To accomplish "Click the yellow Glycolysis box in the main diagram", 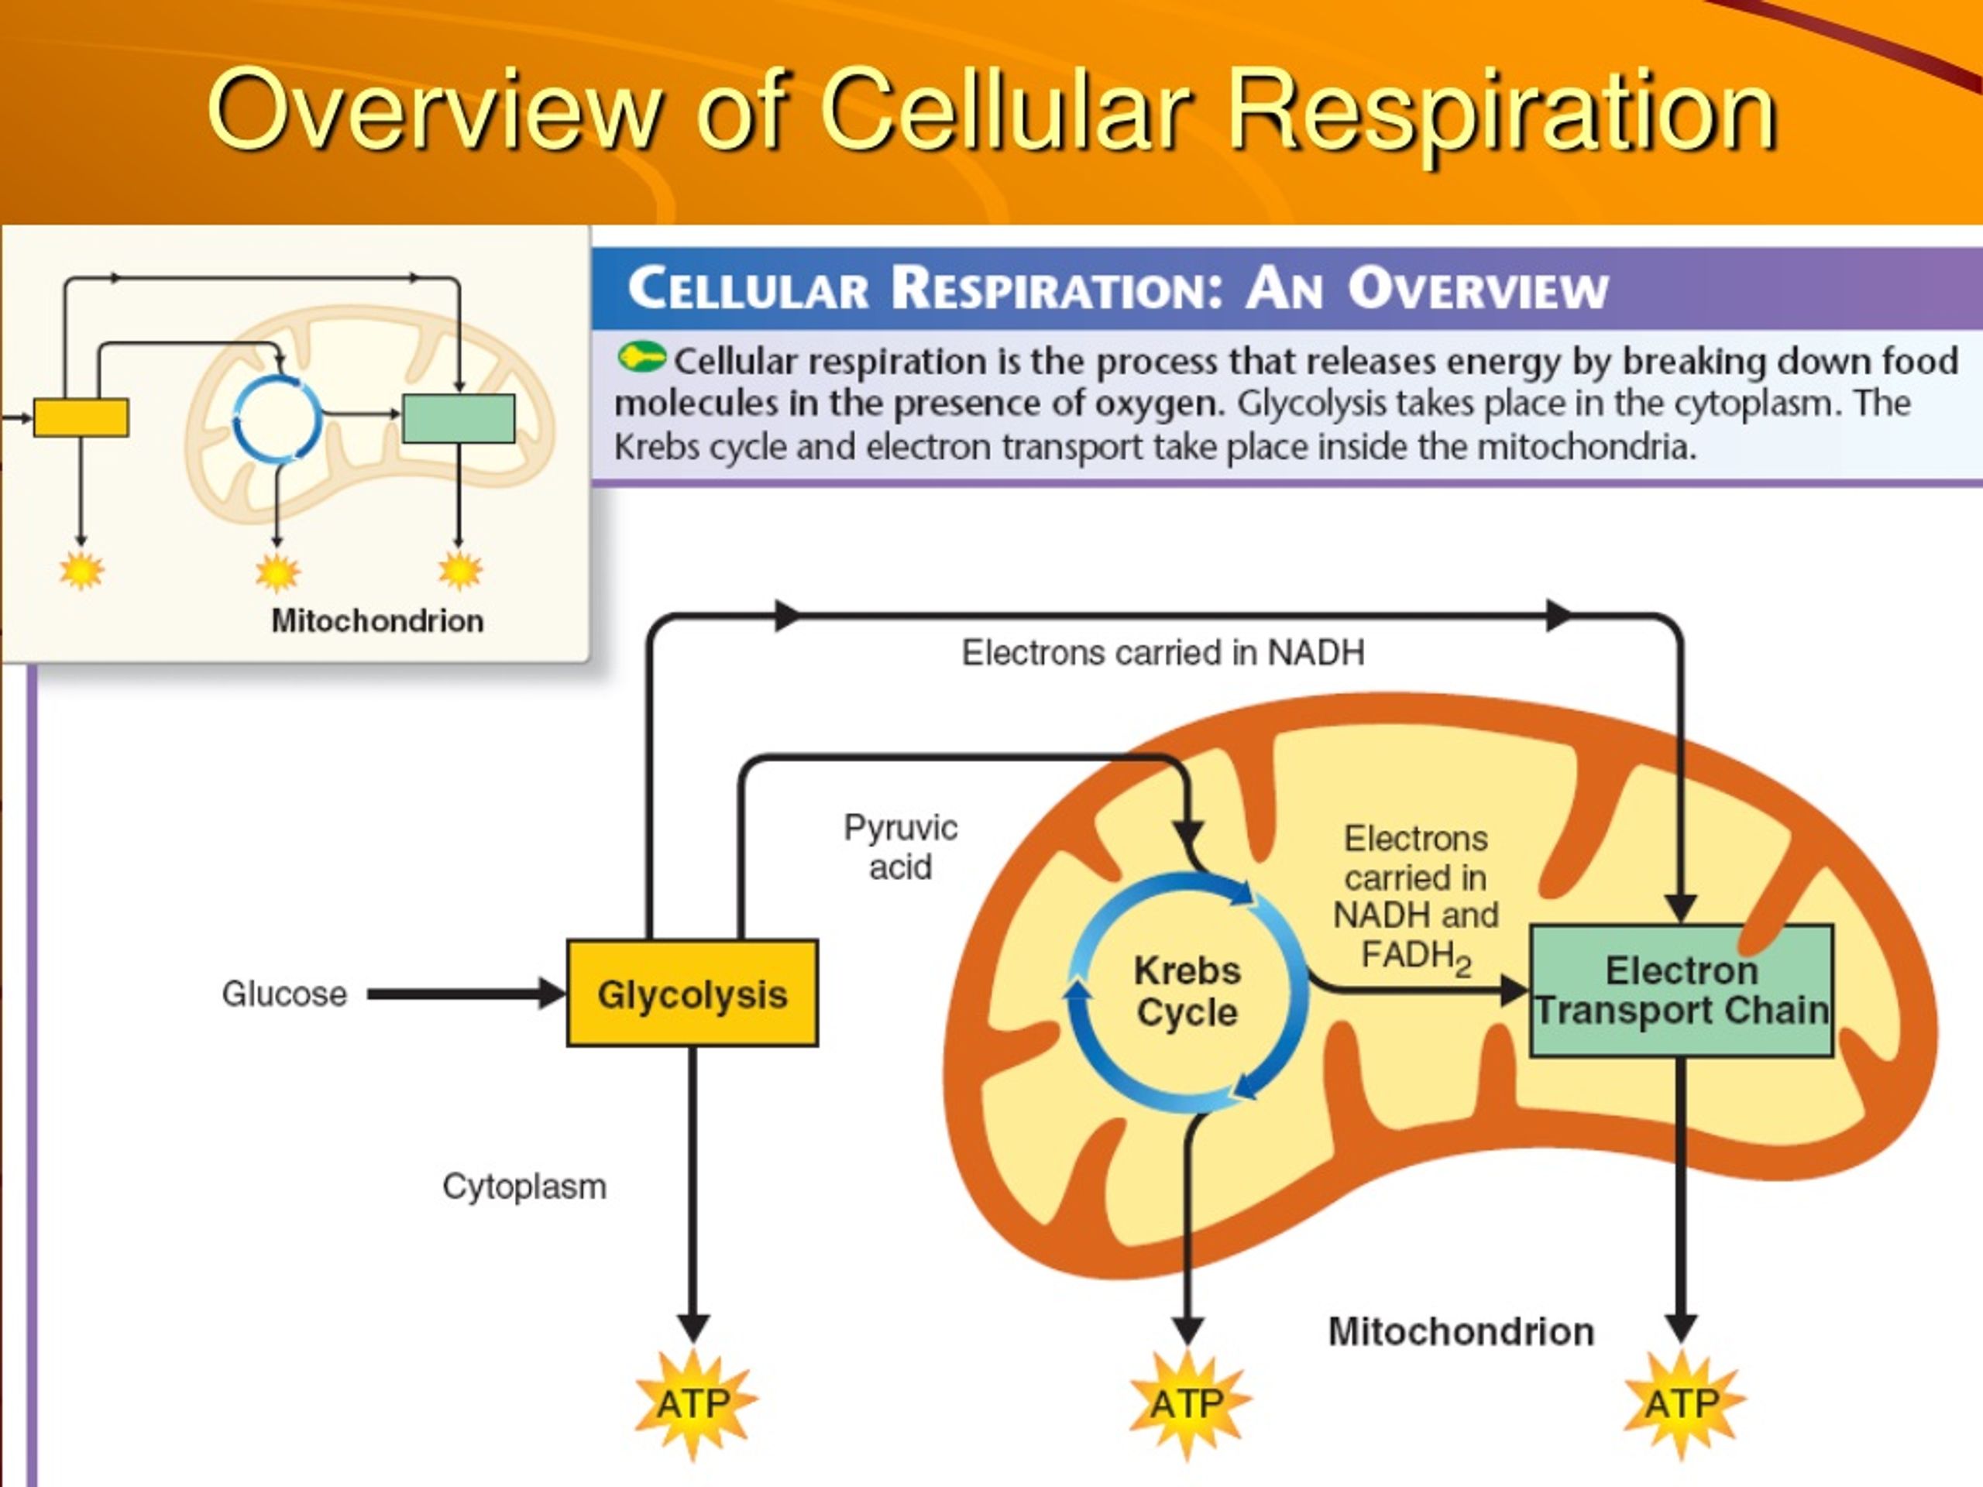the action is pos(692,993).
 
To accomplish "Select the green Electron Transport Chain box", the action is pos(1681,991).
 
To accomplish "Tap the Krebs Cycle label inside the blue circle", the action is pos(1187,991).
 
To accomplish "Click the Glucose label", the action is pos(284,994).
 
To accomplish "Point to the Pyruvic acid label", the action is pos(900,847).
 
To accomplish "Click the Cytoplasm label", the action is pos(524,1187).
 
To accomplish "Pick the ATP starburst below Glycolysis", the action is pos(693,1403).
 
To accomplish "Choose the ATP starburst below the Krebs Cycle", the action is pos(1187,1403).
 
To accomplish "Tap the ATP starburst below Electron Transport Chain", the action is pos(1682,1403).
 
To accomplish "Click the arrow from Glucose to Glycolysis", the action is pos(467,993).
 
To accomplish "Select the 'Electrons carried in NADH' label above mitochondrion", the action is pos(1163,653).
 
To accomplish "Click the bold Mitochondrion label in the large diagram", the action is pos(1461,1332).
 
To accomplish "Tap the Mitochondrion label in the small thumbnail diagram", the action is pos(377,620).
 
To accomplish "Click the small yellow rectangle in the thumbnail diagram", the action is pos(81,417).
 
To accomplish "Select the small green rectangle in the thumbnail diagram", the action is pos(458,418).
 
